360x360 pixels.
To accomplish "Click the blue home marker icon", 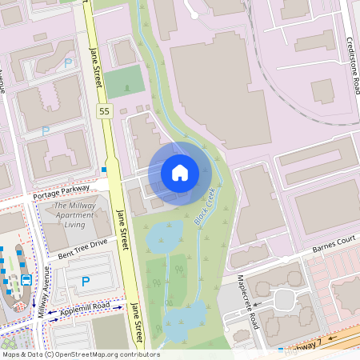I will click(180, 172).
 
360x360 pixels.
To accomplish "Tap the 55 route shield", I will click(105, 110).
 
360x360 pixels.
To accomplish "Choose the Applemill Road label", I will click(78, 309).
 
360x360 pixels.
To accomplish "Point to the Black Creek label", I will click(205, 205).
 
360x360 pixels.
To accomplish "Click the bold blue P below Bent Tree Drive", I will click(84, 282).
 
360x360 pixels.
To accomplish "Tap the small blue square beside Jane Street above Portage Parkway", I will click(104, 170).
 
